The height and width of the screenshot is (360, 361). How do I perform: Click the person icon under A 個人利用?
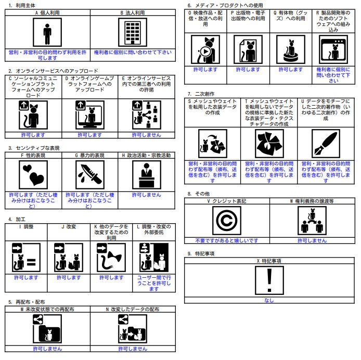pyautogui.click(x=47, y=32)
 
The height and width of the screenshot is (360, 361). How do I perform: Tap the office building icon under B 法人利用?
pyautogui.click(x=133, y=32)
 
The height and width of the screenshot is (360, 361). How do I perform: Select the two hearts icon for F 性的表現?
pyautogui.click(x=33, y=175)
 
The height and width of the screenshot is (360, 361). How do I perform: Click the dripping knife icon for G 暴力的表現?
pyautogui.click(x=90, y=175)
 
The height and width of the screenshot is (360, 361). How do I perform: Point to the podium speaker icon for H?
pyautogui.click(x=147, y=175)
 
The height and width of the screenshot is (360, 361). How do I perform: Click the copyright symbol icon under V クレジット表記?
pyautogui.click(x=227, y=221)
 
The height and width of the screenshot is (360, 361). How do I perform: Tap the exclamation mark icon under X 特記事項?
pyautogui.click(x=269, y=280)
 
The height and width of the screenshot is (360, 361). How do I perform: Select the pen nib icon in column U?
pyautogui.click(x=326, y=144)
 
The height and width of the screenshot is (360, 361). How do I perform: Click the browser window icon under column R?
pyautogui.click(x=333, y=49)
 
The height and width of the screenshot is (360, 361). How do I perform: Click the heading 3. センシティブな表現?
pyautogui.click(x=34, y=148)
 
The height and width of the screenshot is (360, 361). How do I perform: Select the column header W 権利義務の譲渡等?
pyautogui.click(x=312, y=201)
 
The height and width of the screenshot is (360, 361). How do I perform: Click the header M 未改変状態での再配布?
pyautogui.click(x=47, y=310)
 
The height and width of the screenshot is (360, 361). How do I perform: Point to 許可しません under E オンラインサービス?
pyautogui.click(x=146, y=135)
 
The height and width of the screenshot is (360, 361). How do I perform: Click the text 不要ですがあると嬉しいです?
pyautogui.click(x=227, y=241)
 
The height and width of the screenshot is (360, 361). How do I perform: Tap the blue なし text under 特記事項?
pyautogui.click(x=269, y=300)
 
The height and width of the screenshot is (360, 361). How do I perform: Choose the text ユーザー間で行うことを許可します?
pyautogui.click(x=154, y=283)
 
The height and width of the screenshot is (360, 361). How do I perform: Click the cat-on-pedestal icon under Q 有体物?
pyautogui.click(x=291, y=49)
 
